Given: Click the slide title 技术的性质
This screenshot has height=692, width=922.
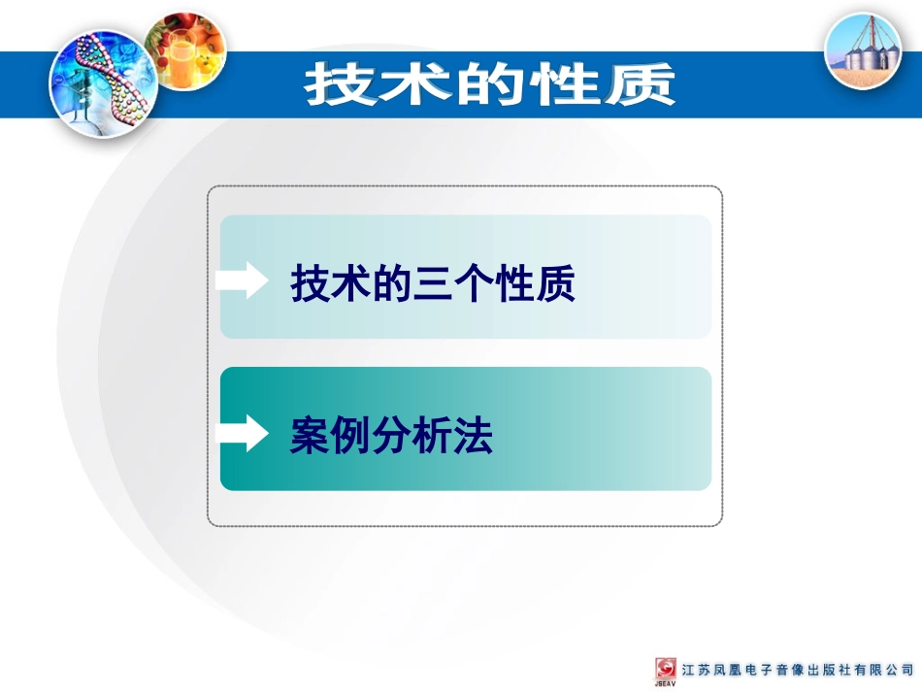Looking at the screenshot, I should pyautogui.click(x=489, y=84).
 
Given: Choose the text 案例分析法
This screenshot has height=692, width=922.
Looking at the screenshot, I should pyautogui.click(x=391, y=437).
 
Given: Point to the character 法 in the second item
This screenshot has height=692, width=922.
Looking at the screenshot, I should pyautogui.click(x=474, y=437).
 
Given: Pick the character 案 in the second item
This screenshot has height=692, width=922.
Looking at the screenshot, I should pyautogui.click(x=310, y=437).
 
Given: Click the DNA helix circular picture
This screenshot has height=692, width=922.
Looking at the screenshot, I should pyautogui.click(x=96, y=82).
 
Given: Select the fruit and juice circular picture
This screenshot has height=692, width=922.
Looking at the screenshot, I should pyautogui.click(x=185, y=51).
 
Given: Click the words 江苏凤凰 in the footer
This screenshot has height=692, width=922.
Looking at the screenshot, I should pyautogui.click(x=713, y=670).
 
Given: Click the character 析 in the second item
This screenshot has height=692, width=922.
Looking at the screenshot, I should pyautogui.click(x=433, y=437).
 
